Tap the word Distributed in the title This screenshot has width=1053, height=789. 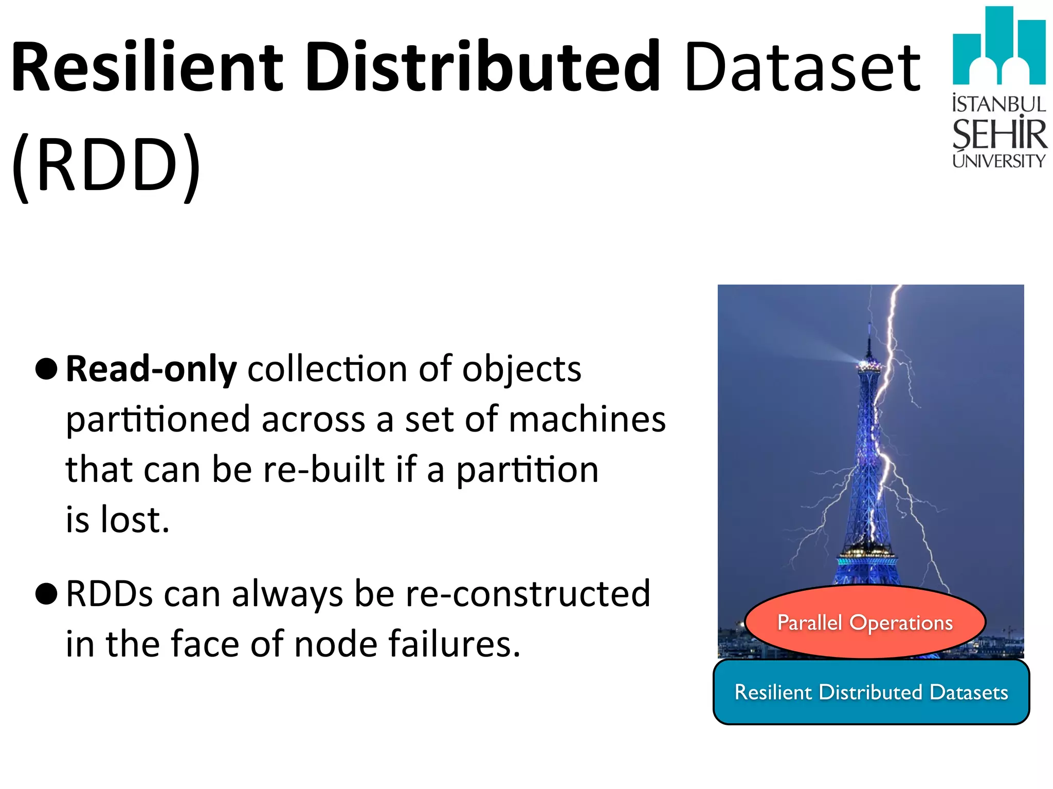click(x=483, y=67)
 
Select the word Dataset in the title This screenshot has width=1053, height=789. click(x=802, y=67)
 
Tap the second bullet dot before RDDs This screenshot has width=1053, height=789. click(x=46, y=594)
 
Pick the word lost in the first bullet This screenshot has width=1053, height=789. click(x=135, y=520)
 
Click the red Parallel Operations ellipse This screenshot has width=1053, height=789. click(x=865, y=622)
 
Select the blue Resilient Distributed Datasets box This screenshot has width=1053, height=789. click(x=871, y=692)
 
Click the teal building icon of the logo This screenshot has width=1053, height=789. click(x=998, y=46)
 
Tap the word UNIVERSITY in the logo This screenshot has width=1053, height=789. click(x=999, y=161)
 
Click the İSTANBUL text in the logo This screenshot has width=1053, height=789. click(x=999, y=104)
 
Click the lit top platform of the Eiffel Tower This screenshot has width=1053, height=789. click(x=868, y=365)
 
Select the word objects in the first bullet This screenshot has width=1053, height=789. click(x=521, y=370)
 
